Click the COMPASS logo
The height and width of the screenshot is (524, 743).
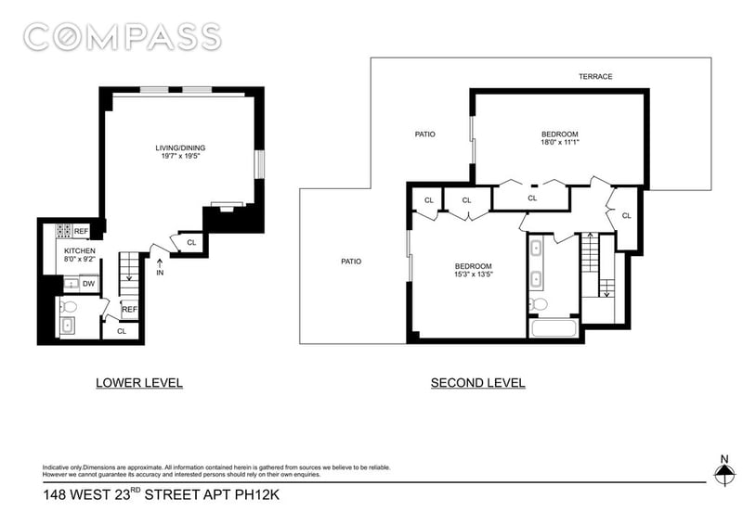pyautogui.click(x=122, y=37)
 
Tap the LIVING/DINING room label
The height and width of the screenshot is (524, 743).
pyautogui.click(x=180, y=147)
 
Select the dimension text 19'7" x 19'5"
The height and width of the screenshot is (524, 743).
pyautogui.click(x=180, y=157)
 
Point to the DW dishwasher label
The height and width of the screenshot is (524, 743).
pyautogui.click(x=88, y=284)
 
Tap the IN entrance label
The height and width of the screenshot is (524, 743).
pyautogui.click(x=161, y=273)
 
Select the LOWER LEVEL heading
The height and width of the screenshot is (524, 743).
pyautogui.click(x=139, y=382)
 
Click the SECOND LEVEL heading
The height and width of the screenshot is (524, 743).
pyautogui.click(x=477, y=382)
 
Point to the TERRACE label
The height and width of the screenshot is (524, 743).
pyautogui.click(x=595, y=76)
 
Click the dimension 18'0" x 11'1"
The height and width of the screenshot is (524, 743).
pyautogui.click(x=560, y=142)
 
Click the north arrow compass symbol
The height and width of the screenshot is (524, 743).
pyautogui.click(x=723, y=472)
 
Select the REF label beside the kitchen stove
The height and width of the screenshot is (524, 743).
pyautogui.click(x=82, y=231)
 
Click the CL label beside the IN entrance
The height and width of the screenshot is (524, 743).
pyautogui.click(x=191, y=243)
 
